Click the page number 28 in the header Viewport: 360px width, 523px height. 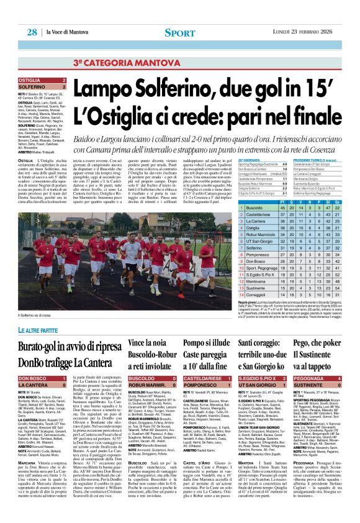(x=32, y=32)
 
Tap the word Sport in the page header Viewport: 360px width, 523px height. (x=179, y=32)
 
